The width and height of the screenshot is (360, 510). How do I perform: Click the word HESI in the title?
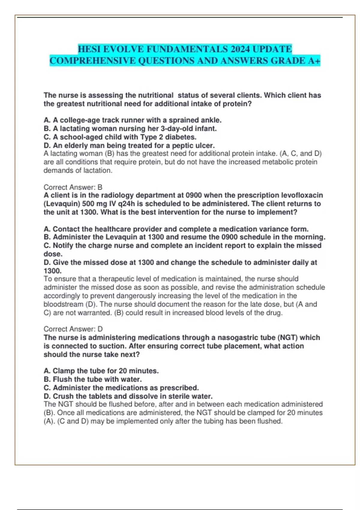(89, 49)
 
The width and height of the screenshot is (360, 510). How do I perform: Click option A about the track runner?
(132, 120)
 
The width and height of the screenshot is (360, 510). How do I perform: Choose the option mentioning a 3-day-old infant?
(130, 128)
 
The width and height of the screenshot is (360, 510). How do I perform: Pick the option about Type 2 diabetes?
(120, 137)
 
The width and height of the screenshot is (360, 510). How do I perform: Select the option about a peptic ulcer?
(129, 145)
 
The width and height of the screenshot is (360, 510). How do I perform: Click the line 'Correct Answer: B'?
(73, 187)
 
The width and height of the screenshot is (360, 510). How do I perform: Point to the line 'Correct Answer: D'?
(73, 329)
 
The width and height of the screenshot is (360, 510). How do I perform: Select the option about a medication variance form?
(176, 229)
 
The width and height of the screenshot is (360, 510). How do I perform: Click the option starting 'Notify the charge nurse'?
(182, 245)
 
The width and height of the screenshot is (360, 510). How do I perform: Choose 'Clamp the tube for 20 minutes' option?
(101, 371)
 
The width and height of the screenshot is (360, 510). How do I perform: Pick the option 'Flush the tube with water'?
(93, 379)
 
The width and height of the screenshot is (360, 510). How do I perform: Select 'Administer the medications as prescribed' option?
(121, 388)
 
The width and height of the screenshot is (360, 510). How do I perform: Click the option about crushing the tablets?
(128, 396)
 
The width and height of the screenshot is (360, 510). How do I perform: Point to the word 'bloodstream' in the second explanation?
(63, 304)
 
